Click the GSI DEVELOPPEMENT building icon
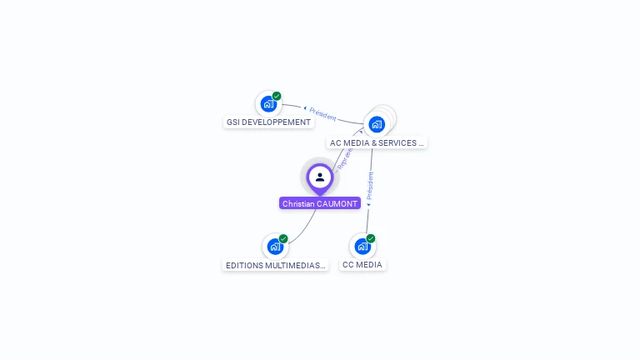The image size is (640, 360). (x=267, y=104)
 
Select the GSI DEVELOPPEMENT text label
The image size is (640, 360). (x=268, y=122)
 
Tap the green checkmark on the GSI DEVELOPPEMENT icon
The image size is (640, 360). (x=277, y=97)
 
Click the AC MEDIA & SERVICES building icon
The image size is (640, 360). (x=377, y=124)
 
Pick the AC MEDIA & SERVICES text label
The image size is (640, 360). (x=377, y=143)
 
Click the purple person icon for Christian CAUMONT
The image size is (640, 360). (x=320, y=177)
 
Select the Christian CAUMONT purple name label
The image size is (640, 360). (x=320, y=203)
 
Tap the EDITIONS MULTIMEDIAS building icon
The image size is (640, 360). (x=274, y=247)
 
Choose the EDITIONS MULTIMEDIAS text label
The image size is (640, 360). (x=276, y=266)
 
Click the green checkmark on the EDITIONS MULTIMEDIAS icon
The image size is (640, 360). (x=283, y=239)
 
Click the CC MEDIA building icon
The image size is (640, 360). (x=362, y=246)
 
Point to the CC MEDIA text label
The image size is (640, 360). (x=362, y=265)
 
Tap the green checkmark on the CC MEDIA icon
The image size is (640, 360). (x=371, y=239)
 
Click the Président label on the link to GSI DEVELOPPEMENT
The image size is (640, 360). (x=321, y=112)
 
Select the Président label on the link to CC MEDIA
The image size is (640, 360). (x=370, y=188)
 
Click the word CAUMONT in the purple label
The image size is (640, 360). (x=337, y=203)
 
